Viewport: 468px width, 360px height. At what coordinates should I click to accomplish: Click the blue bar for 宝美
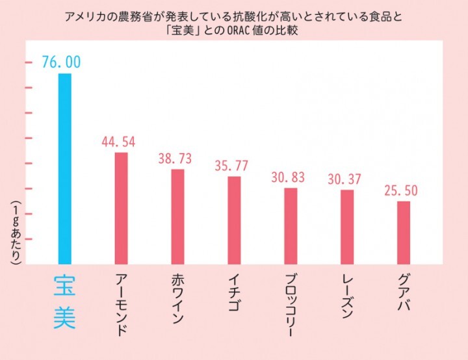point(64,169)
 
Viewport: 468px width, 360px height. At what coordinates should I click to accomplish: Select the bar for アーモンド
point(121,208)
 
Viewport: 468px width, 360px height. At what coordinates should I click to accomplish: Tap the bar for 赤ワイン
point(177,216)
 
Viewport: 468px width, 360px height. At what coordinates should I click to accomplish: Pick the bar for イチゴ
point(234,220)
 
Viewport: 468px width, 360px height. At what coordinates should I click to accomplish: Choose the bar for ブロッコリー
point(291,226)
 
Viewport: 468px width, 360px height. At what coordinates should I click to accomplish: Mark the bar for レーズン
point(347,227)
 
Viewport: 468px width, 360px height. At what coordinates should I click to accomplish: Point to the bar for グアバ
point(404,233)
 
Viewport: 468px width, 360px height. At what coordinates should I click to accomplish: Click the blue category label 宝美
point(64,301)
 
